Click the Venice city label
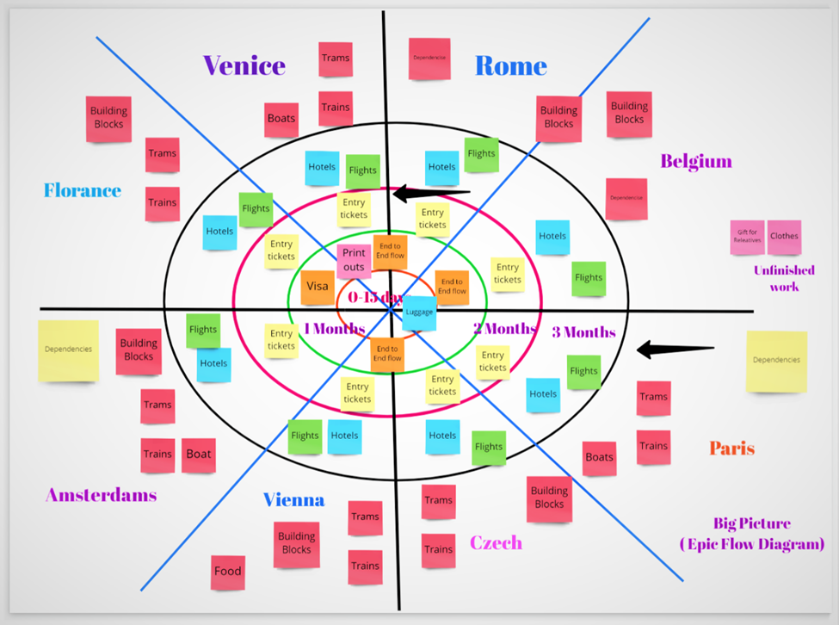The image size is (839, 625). click(244, 65)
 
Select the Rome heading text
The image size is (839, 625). click(510, 66)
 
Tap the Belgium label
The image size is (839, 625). click(695, 161)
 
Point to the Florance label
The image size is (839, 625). click(83, 190)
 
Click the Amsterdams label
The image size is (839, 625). click(101, 495)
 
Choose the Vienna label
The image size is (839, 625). click(293, 500)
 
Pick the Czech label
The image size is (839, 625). click(496, 542)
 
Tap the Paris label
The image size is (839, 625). click(731, 449)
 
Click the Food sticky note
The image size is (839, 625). click(228, 571)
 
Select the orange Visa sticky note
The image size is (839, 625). click(318, 288)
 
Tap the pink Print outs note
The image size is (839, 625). click(354, 260)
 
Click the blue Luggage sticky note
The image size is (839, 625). click(419, 312)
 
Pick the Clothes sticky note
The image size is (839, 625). click(784, 237)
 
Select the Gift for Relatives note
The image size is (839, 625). click(747, 237)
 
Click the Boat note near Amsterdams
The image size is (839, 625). click(199, 455)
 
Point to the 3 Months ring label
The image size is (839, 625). click(583, 332)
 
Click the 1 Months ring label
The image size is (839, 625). click(334, 329)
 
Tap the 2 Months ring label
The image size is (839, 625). click(504, 328)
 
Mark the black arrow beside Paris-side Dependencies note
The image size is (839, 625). click(676, 349)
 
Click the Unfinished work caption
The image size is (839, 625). click(784, 278)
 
